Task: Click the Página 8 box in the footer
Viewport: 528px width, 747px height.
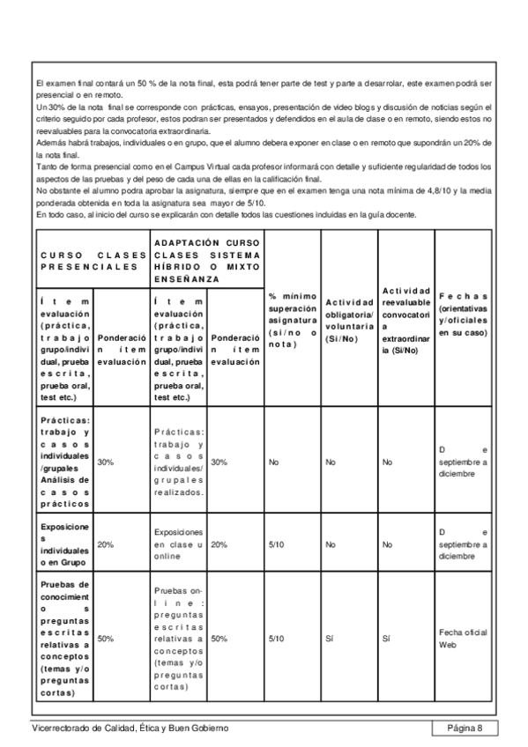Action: click(x=465, y=728)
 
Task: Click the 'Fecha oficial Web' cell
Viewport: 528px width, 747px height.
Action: click(x=456, y=639)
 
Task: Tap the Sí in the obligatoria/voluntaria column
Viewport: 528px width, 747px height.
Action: click(x=328, y=639)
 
